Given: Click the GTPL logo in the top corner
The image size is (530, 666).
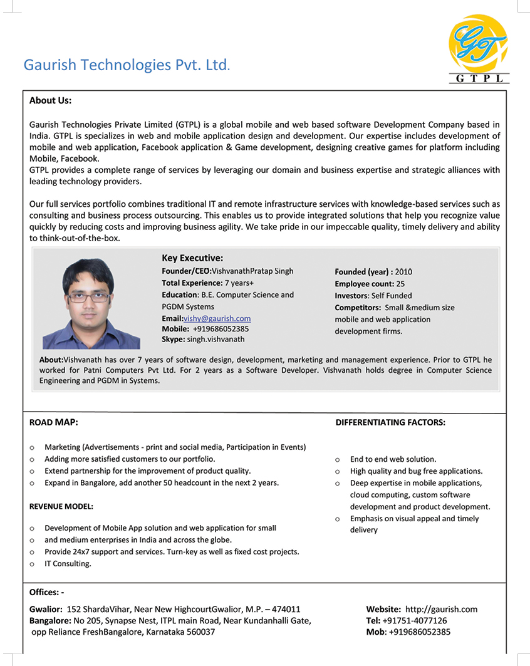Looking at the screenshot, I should click(x=479, y=49).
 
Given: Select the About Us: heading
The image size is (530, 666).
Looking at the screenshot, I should click(x=50, y=100).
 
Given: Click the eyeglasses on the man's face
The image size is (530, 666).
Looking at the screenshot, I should click(x=88, y=297).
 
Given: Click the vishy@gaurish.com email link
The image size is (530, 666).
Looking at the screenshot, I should click(x=217, y=318).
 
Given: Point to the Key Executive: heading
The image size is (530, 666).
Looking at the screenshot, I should click(x=192, y=258).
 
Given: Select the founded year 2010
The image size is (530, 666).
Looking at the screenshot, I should click(x=403, y=272).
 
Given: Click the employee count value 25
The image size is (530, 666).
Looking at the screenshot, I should click(x=400, y=284).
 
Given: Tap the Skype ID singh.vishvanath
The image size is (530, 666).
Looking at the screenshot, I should click(x=216, y=339).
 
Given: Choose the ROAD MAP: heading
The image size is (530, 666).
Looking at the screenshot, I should click(x=53, y=422).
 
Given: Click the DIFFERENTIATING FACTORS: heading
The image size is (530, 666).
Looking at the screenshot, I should click(x=390, y=422).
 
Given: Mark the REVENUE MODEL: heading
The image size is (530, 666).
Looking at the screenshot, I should click(x=61, y=506).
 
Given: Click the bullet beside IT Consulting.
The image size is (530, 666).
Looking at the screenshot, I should click(x=32, y=564).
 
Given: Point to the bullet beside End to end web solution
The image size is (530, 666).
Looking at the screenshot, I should click(x=338, y=459).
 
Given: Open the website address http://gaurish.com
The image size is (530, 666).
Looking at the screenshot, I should click(x=441, y=609).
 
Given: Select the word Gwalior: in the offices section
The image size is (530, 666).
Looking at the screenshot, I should click(x=46, y=609).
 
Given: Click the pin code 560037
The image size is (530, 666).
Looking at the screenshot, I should click(x=201, y=632).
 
